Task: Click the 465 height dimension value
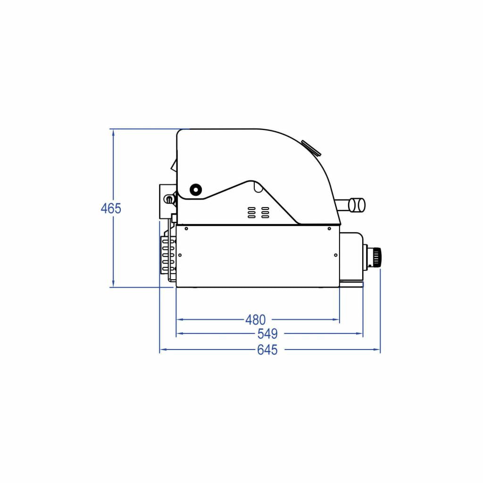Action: click(x=111, y=208)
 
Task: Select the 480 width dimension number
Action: click(x=255, y=320)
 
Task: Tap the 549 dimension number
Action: click(x=267, y=334)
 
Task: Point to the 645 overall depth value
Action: click(x=267, y=350)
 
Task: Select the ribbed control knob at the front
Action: click(x=376, y=257)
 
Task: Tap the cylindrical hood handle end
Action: click(x=357, y=204)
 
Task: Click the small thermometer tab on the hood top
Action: click(x=310, y=147)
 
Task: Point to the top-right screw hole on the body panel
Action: click(x=329, y=229)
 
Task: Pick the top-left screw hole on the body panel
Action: click(x=187, y=229)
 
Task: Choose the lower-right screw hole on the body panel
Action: click(x=335, y=255)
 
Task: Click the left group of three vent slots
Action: click(x=252, y=212)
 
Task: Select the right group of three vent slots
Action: click(x=266, y=212)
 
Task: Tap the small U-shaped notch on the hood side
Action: click(x=258, y=188)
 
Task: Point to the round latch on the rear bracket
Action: click(x=168, y=200)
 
